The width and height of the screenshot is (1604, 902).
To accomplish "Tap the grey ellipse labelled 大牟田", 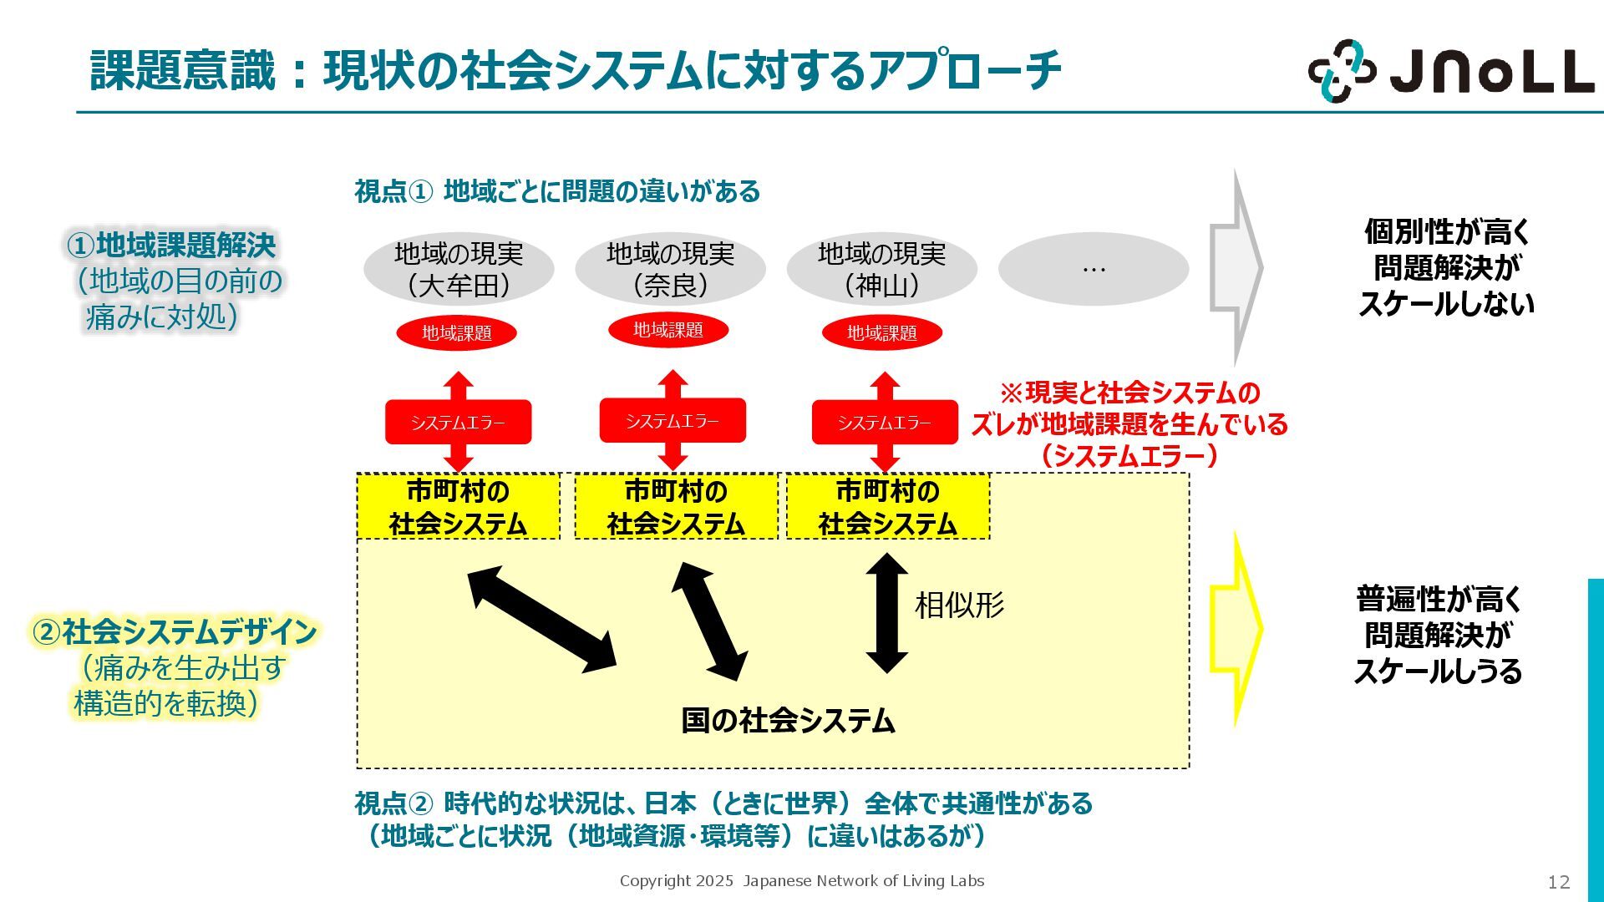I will pyautogui.click(x=458, y=269).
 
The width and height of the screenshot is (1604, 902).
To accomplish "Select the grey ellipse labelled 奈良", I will pyautogui.click(x=670, y=269).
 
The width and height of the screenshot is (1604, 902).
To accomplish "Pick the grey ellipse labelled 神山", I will pyautogui.click(x=881, y=269).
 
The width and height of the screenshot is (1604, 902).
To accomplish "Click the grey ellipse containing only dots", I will pyautogui.click(x=1093, y=269).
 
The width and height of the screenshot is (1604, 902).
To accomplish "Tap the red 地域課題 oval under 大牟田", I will pyautogui.click(x=456, y=332).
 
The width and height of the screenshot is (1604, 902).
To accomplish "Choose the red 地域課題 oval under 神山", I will pyautogui.click(x=881, y=332).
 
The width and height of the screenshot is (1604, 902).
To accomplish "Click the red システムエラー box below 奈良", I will pyautogui.click(x=673, y=421).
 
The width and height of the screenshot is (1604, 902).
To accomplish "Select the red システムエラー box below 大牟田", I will pyautogui.click(x=458, y=423).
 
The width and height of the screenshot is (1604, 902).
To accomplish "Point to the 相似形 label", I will pyautogui.click(x=959, y=605).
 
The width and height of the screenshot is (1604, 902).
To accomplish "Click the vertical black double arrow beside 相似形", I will pyautogui.click(x=886, y=612).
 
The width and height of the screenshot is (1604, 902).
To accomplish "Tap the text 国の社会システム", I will pyautogui.click(x=788, y=720).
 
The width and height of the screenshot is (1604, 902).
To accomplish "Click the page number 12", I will pyautogui.click(x=1558, y=882).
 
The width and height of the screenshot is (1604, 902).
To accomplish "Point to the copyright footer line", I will pyautogui.click(x=801, y=880).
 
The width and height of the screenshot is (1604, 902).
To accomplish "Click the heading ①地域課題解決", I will pyautogui.click(x=171, y=245).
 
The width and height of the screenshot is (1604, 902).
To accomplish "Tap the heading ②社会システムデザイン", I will pyautogui.click(x=174, y=631).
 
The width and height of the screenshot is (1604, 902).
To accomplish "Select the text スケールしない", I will pyautogui.click(x=1446, y=303).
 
